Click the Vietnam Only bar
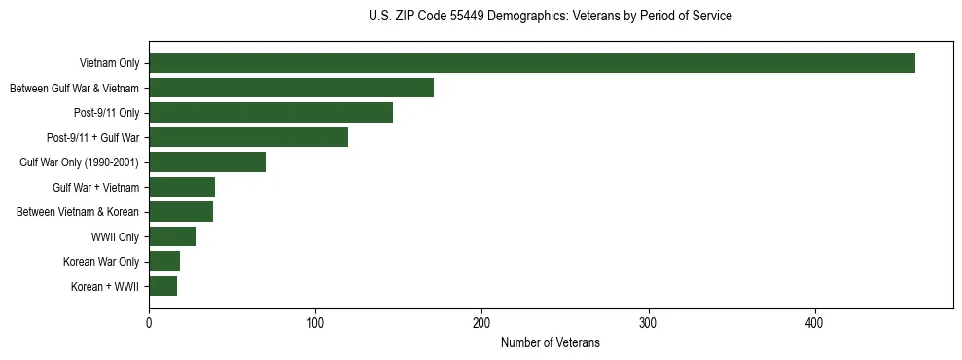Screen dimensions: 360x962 (532, 63)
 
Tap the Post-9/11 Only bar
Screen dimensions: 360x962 (270, 113)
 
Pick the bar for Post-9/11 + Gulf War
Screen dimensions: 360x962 (248, 137)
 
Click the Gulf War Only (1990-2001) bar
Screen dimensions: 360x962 (207, 162)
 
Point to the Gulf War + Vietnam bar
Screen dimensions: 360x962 (182, 187)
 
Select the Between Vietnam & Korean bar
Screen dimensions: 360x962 (181, 211)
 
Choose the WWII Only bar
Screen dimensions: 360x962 (172, 236)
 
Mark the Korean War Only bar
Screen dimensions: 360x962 (164, 261)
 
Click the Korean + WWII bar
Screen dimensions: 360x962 (162, 286)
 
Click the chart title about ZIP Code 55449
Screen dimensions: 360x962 (550, 17)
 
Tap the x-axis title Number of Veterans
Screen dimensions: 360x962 (550, 343)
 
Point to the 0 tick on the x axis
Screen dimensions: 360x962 (149, 322)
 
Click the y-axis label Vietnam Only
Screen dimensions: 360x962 (109, 64)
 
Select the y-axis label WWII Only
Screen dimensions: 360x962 (115, 236)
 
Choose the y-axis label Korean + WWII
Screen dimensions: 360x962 (106, 286)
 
